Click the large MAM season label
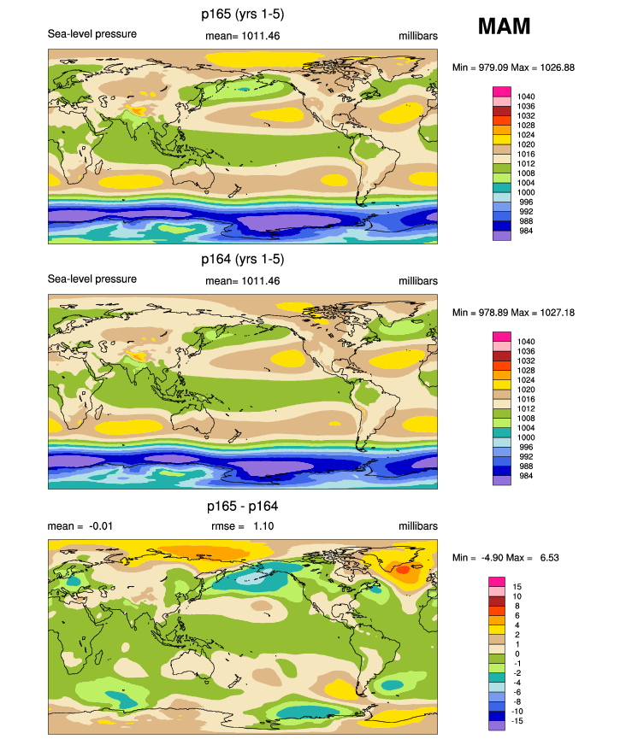(504, 26)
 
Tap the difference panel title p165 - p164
(239, 506)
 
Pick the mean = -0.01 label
(78, 527)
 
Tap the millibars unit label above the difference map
(418, 527)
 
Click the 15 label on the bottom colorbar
(518, 587)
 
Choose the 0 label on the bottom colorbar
(516, 654)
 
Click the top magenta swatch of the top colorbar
(501, 91)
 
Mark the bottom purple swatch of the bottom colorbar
(496, 725)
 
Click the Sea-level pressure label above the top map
(92, 34)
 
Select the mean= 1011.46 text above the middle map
(243, 280)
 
